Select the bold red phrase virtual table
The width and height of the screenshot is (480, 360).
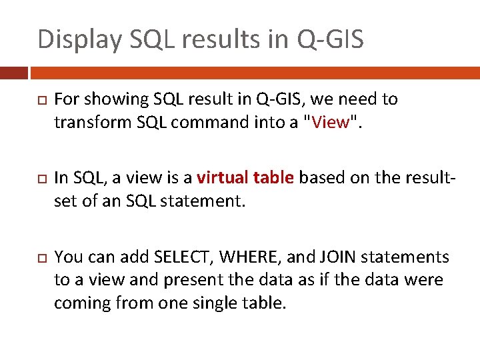click(x=245, y=178)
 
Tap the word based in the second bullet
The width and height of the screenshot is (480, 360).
click(x=322, y=178)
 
